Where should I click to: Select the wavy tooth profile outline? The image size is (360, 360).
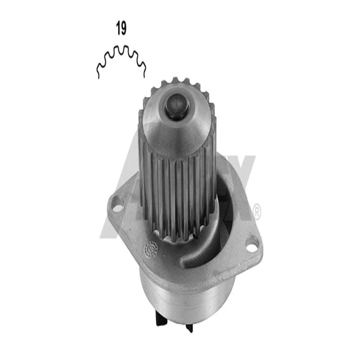coord(121,58)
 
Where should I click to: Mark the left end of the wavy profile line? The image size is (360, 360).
coord(98,77)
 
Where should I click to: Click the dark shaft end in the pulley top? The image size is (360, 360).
coord(176,106)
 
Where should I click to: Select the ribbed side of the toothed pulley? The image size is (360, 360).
coord(175,193)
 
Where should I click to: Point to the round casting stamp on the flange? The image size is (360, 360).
coord(150,249)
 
